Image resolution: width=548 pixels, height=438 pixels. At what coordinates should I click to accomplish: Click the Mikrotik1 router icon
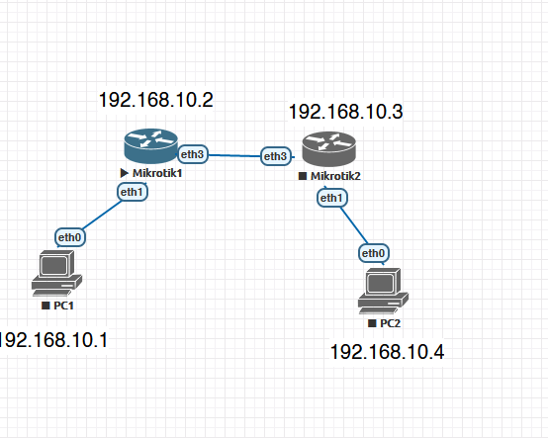(151, 146)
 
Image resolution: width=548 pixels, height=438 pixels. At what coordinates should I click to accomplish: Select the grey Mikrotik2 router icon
(328, 149)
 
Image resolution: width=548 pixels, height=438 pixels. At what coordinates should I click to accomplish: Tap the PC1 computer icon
(57, 274)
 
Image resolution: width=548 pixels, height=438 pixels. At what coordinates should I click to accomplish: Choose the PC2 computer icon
(383, 291)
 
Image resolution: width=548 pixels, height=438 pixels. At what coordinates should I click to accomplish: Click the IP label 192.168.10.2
(156, 100)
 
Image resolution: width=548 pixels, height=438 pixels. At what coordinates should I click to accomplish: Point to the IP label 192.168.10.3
(345, 112)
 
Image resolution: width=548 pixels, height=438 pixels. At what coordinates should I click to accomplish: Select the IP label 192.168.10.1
(53, 340)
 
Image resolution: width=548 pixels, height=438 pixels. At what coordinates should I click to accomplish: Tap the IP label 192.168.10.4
(387, 352)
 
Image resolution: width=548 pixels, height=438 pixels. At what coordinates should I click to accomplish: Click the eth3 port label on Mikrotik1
(193, 154)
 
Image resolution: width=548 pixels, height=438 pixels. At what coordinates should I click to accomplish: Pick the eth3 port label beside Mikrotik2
(276, 156)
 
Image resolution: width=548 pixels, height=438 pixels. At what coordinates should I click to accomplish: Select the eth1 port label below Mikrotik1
(133, 192)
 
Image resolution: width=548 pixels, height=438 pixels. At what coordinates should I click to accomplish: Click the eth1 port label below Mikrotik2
(332, 198)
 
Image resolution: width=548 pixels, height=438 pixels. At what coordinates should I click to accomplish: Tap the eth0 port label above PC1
(70, 237)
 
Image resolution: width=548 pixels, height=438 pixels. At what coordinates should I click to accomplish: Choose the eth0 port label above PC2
(374, 253)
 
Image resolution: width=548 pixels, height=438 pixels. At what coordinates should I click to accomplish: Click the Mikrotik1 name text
(157, 173)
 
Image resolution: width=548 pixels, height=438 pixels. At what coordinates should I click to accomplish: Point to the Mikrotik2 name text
(335, 176)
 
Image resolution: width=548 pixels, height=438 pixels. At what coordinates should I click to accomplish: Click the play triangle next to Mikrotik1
(124, 173)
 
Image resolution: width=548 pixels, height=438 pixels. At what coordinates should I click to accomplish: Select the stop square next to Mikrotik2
(303, 176)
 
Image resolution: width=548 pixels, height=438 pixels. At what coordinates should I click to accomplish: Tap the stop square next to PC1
(46, 306)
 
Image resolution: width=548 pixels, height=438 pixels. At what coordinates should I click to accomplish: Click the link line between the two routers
(234, 155)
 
